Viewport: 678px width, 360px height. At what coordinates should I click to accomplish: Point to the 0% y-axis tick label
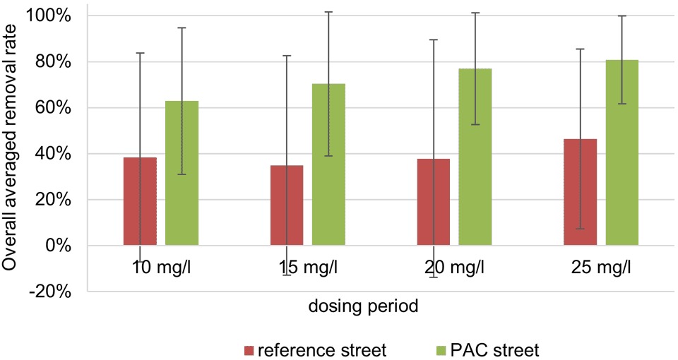[56, 246]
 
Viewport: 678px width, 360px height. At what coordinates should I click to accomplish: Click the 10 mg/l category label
[161, 268]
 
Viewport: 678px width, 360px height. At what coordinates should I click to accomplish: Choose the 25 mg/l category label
[601, 268]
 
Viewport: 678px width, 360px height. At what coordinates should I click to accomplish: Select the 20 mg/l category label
[454, 268]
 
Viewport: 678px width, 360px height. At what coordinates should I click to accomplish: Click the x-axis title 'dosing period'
[362, 307]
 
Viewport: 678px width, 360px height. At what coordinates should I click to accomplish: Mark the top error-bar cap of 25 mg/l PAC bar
[621, 16]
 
